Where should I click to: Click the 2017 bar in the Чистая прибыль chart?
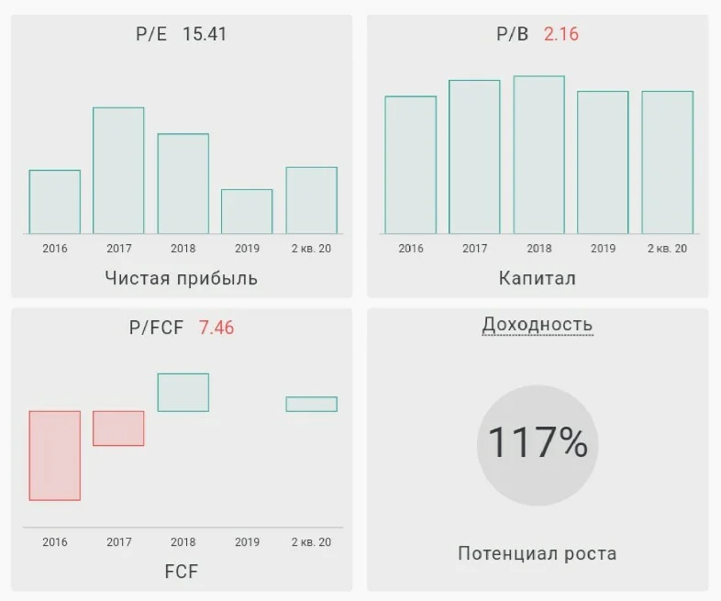pos(118,171)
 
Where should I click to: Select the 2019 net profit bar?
pos(247,212)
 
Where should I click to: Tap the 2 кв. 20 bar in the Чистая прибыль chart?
pos(312,201)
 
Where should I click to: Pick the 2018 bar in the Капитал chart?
pos(538,155)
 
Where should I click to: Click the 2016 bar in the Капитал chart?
pos(411,165)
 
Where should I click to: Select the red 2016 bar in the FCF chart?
pos(55,456)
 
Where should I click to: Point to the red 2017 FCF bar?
pos(118,428)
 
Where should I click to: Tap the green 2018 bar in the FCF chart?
pos(183,393)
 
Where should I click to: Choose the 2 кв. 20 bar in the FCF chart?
pos(312,405)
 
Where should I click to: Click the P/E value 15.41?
pos(205,34)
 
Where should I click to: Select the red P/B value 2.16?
pos(561,34)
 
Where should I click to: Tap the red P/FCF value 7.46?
pos(216,328)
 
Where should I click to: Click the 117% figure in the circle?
pos(538,442)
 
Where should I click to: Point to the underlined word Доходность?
pos(538,325)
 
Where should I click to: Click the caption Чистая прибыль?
pos(182,278)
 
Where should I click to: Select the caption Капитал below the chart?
pos(538,278)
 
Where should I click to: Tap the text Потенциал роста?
pos(538,553)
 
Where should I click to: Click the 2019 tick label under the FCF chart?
pos(248,542)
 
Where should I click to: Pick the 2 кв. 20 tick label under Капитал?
pos(667,249)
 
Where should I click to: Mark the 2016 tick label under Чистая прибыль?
pos(55,249)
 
